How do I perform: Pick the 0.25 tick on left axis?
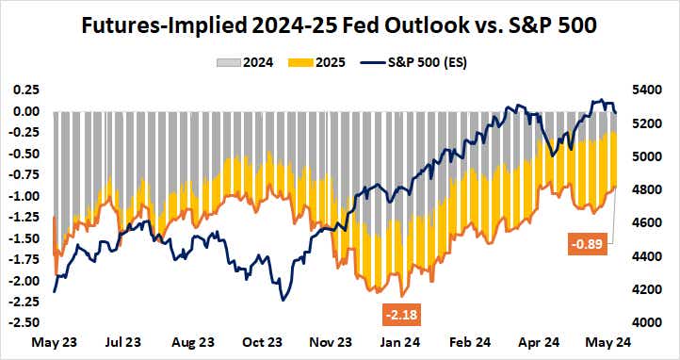(x=25, y=90)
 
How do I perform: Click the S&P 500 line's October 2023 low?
(x=282, y=300)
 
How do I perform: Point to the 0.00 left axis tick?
(x=25, y=111)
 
